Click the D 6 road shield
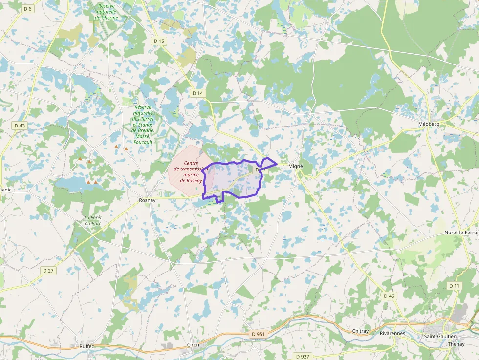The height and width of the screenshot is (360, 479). pyautogui.click(x=27, y=9)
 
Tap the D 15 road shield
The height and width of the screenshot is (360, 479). pyautogui.click(x=159, y=42)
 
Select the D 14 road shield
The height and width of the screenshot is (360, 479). pyautogui.click(x=197, y=93)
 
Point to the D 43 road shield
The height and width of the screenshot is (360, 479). pyautogui.click(x=20, y=126)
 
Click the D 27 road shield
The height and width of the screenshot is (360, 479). pyautogui.click(x=48, y=270)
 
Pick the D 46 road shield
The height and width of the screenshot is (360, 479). pyautogui.click(x=389, y=296)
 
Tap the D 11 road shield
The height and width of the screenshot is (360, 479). pyautogui.click(x=454, y=286)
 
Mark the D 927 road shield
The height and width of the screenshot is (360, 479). pyautogui.click(x=303, y=357)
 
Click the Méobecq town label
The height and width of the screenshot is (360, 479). pyautogui.click(x=429, y=124)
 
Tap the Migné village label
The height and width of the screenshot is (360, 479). pyautogui.click(x=296, y=166)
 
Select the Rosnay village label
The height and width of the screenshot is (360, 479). pyautogui.click(x=147, y=200)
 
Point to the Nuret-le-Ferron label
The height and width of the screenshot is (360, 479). pyautogui.click(x=461, y=233)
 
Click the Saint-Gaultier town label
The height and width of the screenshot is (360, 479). pyautogui.click(x=439, y=336)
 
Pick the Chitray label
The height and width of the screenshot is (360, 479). pyautogui.click(x=361, y=331)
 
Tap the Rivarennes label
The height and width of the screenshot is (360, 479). pyautogui.click(x=392, y=334)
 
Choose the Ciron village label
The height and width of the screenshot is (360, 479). pyautogui.click(x=193, y=345)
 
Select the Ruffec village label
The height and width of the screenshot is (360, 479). pyautogui.click(x=87, y=346)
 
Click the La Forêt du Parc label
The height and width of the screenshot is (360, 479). pyautogui.click(x=92, y=221)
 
